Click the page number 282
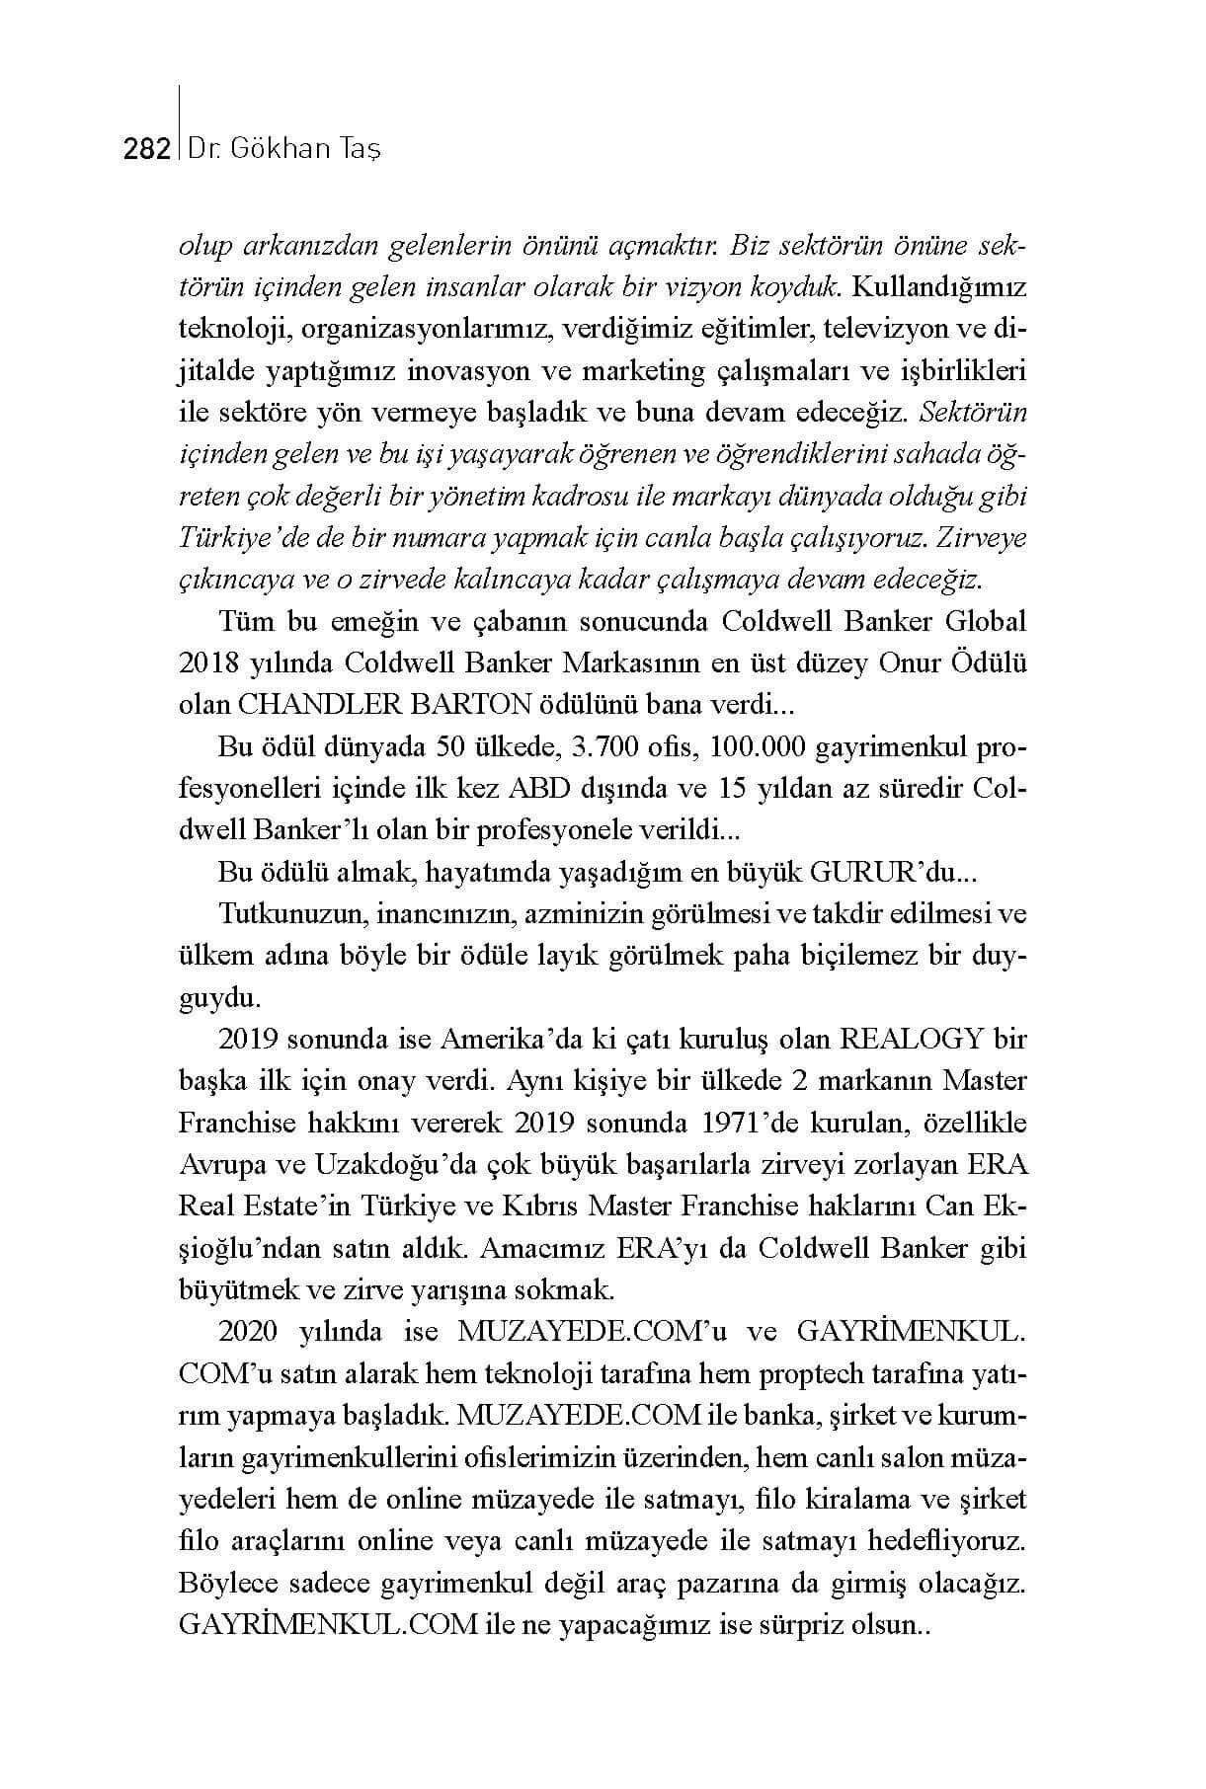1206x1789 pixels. click(146, 149)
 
